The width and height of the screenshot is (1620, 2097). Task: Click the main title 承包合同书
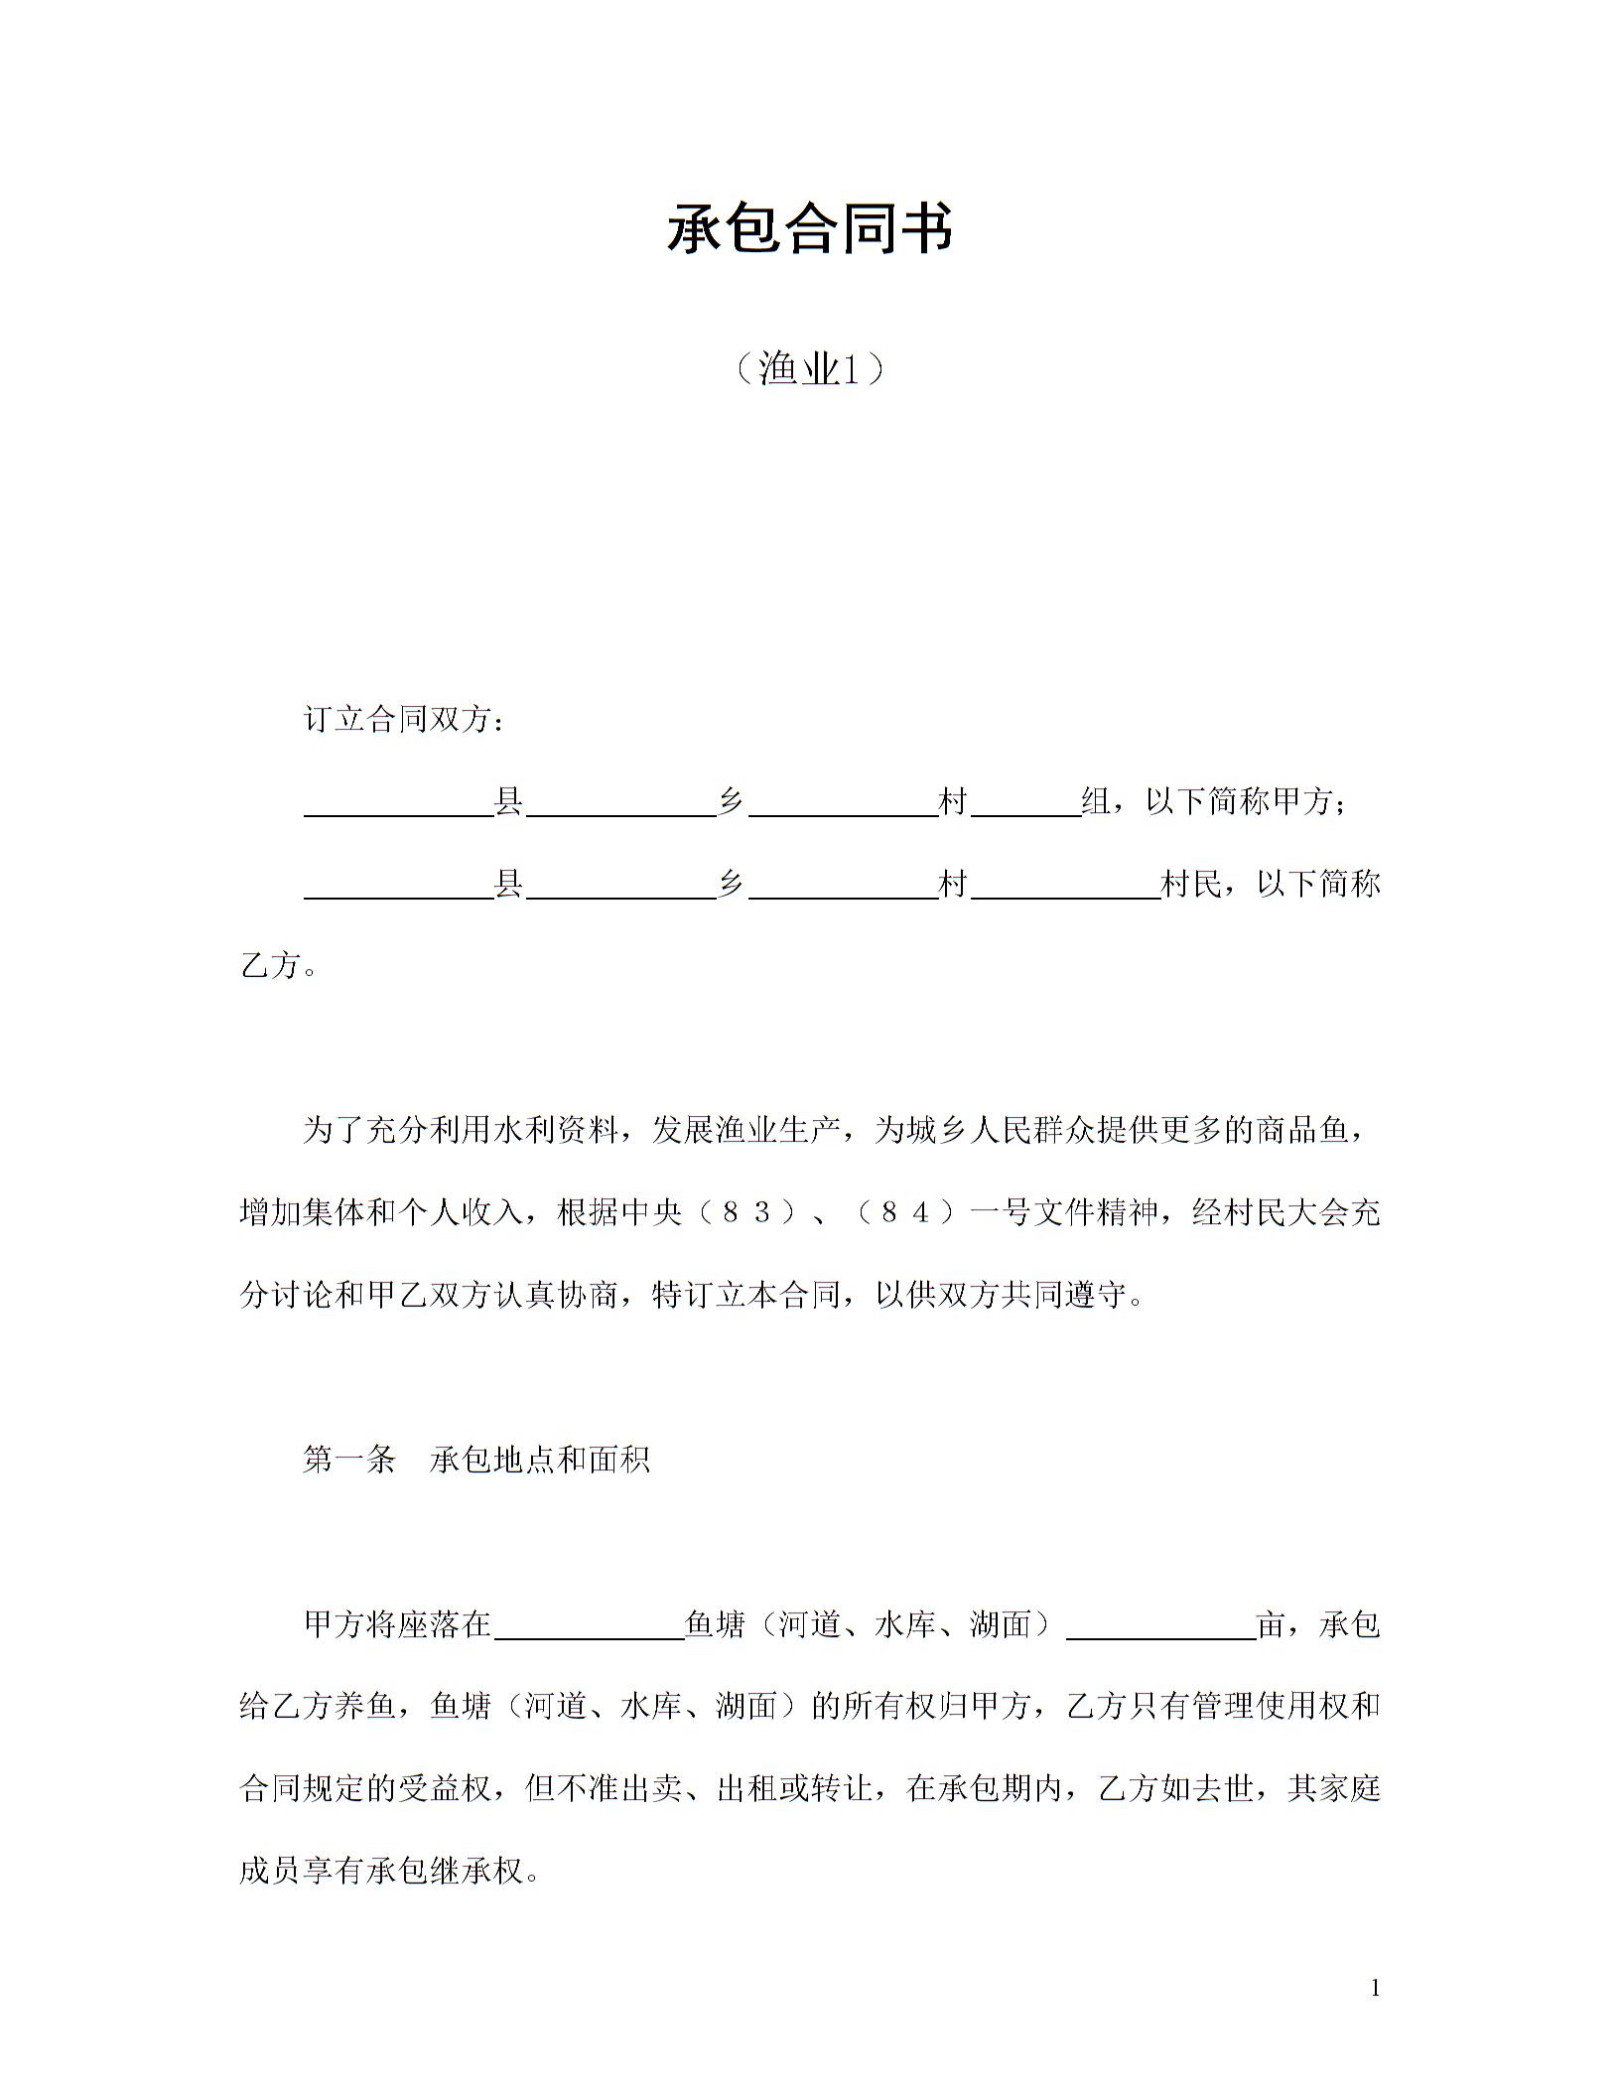[809, 229]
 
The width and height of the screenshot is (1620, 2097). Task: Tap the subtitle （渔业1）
[809, 369]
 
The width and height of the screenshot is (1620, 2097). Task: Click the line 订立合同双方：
[404, 719]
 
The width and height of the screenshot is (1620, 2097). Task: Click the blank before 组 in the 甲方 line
[1026, 804]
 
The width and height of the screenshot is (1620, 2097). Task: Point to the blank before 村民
[1066, 887]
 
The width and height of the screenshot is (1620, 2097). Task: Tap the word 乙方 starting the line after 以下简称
[270, 965]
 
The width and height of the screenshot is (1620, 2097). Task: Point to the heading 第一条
[349, 1459]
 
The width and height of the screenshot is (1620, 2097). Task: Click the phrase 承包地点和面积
[540, 1459]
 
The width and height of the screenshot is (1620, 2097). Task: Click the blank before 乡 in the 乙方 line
[621, 887]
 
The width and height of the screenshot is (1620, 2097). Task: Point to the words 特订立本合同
[746, 1295]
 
